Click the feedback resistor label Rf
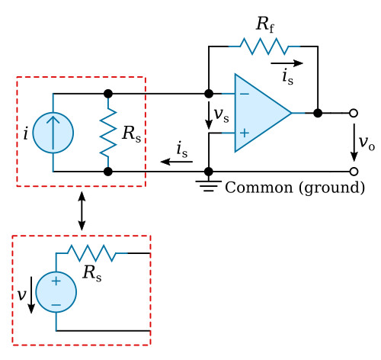[x=265, y=24]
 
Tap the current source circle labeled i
[x=53, y=133]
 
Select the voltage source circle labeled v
[x=56, y=292]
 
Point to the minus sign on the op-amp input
[x=245, y=94]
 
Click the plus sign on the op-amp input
[x=245, y=133]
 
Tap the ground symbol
[x=209, y=185]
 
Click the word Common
[x=259, y=188]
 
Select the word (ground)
[x=331, y=188]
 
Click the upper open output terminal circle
[x=354, y=113]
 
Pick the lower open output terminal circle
[x=354, y=172]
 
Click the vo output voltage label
[x=367, y=143]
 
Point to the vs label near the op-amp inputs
[x=222, y=116]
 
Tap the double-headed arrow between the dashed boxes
[x=82, y=211]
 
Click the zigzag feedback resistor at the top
[x=264, y=47]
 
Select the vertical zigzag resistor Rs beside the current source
[x=108, y=133]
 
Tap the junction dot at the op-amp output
[x=318, y=113]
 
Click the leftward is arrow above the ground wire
[x=177, y=162]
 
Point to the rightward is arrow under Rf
[x=287, y=63]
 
